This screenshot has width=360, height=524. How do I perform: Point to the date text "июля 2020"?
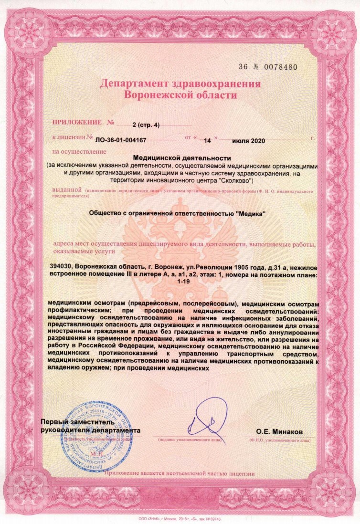pos(248,141)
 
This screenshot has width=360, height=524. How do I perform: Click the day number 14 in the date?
pos(207,141)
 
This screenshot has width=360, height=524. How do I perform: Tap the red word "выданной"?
pos(68,189)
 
